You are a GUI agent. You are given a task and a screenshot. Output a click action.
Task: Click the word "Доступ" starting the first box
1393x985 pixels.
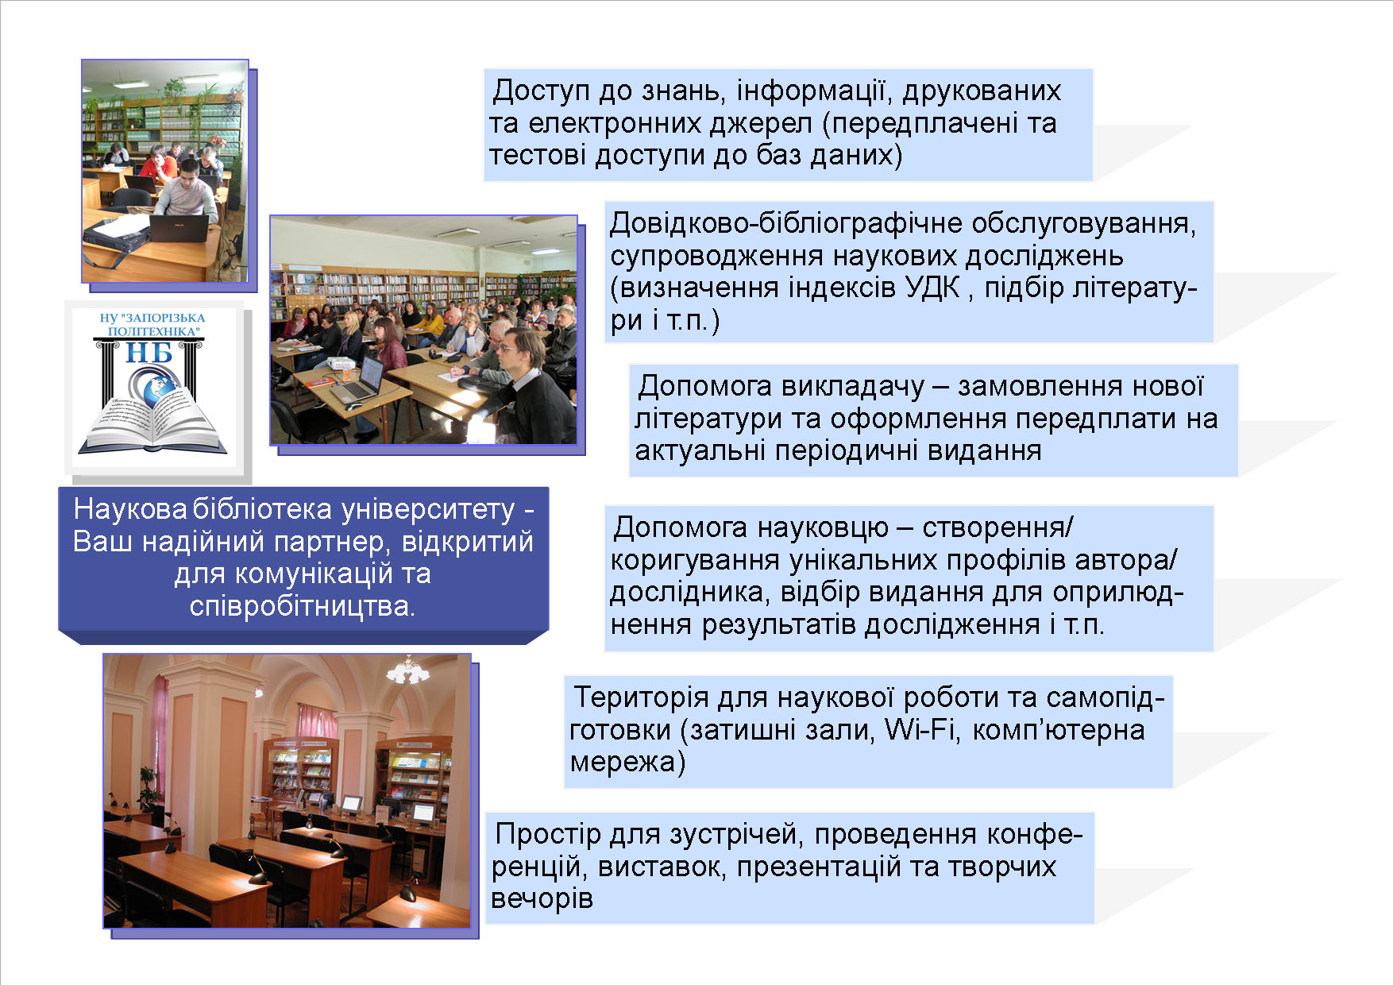541,91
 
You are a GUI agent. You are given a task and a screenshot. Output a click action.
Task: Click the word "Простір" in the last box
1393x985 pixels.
548,834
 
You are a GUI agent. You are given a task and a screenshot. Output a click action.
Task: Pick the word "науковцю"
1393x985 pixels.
823,528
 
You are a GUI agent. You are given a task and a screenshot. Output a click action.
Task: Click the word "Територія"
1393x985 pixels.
641,697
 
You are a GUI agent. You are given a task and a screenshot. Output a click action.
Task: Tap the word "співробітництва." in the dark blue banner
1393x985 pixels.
303,607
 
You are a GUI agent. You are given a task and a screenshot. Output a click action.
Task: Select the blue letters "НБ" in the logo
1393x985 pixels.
149,352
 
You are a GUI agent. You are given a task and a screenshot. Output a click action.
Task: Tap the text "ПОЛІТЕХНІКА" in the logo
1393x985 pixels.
154,330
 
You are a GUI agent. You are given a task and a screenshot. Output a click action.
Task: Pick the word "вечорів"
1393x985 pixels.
542,899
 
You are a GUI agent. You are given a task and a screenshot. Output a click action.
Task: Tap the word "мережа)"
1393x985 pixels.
628,763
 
